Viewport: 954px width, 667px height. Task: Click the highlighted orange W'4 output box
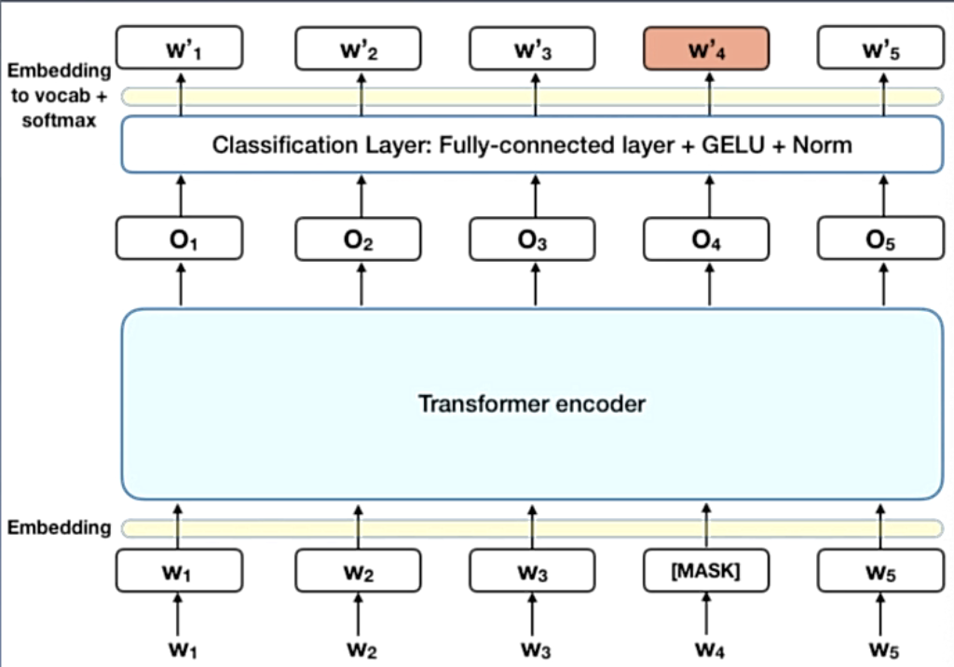706,48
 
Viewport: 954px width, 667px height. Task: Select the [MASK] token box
706,571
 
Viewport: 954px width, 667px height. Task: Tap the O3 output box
532,240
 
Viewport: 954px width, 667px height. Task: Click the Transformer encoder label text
532,404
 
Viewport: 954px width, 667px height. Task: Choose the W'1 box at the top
179,48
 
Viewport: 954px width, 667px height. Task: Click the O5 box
880,240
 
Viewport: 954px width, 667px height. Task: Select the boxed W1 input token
179,571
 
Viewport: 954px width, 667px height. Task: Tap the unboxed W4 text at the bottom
706,647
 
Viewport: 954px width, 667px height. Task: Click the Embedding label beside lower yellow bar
59,528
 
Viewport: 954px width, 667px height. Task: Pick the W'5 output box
880,48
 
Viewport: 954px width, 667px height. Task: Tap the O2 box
359,240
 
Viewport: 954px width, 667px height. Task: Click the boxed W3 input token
532,571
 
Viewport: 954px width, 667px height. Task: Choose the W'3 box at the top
532,48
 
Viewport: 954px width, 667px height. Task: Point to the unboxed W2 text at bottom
359,647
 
